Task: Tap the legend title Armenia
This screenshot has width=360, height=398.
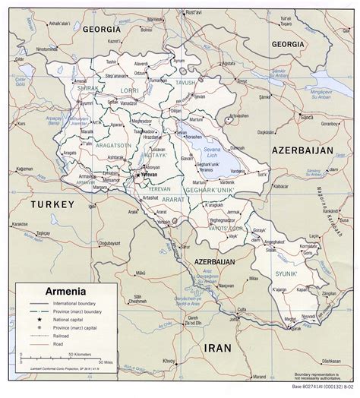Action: click(54, 290)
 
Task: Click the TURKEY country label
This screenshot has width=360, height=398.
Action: click(51, 204)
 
